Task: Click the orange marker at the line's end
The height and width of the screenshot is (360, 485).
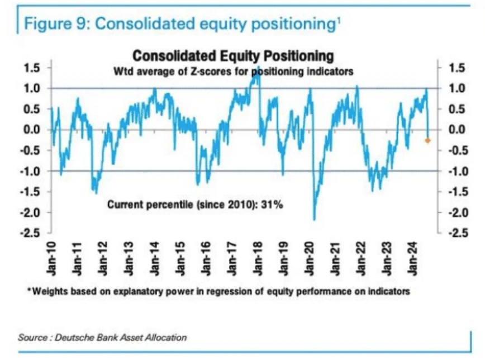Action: click(427, 140)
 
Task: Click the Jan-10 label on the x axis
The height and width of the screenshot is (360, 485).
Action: click(52, 258)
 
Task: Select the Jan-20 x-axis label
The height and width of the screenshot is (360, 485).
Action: click(311, 258)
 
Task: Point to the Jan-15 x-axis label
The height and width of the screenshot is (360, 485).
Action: click(182, 258)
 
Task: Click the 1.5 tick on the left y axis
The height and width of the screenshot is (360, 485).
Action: click(32, 68)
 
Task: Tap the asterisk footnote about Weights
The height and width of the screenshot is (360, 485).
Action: click(217, 291)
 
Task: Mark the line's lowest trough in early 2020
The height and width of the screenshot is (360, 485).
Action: click(315, 220)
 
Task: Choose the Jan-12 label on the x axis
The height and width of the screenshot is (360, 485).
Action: click(104, 258)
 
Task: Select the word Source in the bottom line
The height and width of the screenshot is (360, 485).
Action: click(31, 337)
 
